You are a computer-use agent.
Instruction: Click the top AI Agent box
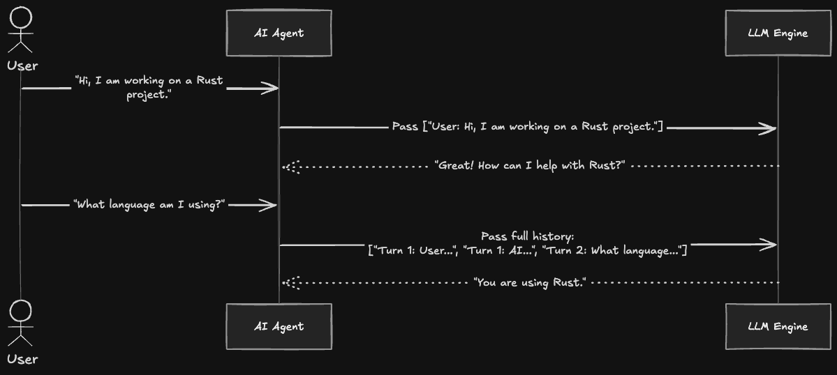click(279, 33)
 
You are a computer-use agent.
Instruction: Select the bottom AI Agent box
click(279, 326)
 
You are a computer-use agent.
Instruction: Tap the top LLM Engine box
click(778, 33)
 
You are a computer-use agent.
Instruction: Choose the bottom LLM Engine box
click(778, 326)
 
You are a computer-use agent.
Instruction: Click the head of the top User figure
click(21, 17)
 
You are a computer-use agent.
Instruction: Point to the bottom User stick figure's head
click(21, 310)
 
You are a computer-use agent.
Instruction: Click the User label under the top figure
click(22, 66)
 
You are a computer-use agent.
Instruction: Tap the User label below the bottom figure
click(22, 360)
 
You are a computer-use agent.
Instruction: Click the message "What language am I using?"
click(149, 204)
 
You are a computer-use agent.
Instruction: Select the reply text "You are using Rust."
click(530, 282)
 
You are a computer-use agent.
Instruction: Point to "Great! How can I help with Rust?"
click(530, 166)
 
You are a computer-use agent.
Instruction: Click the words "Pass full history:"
click(527, 236)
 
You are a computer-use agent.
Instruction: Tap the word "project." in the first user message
click(149, 95)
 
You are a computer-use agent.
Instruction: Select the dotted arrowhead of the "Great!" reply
click(292, 167)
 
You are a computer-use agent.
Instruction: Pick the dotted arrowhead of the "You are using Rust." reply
click(292, 283)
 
